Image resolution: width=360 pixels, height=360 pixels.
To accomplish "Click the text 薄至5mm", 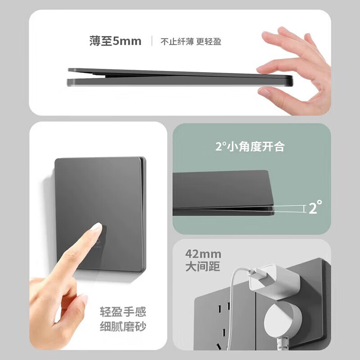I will (x=115, y=41).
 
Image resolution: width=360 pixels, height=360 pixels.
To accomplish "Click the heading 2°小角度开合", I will (x=249, y=146).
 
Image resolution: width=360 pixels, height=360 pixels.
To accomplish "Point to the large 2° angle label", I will (x=315, y=207).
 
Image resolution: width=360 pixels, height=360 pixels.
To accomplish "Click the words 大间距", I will (x=202, y=266).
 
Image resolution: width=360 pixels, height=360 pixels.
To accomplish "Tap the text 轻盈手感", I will (x=123, y=312).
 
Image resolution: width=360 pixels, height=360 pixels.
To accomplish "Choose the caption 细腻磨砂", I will (x=123, y=326).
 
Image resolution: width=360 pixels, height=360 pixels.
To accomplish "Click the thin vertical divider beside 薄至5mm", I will (x=151, y=41).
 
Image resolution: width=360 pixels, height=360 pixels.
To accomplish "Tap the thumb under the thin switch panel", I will (x=270, y=93).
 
